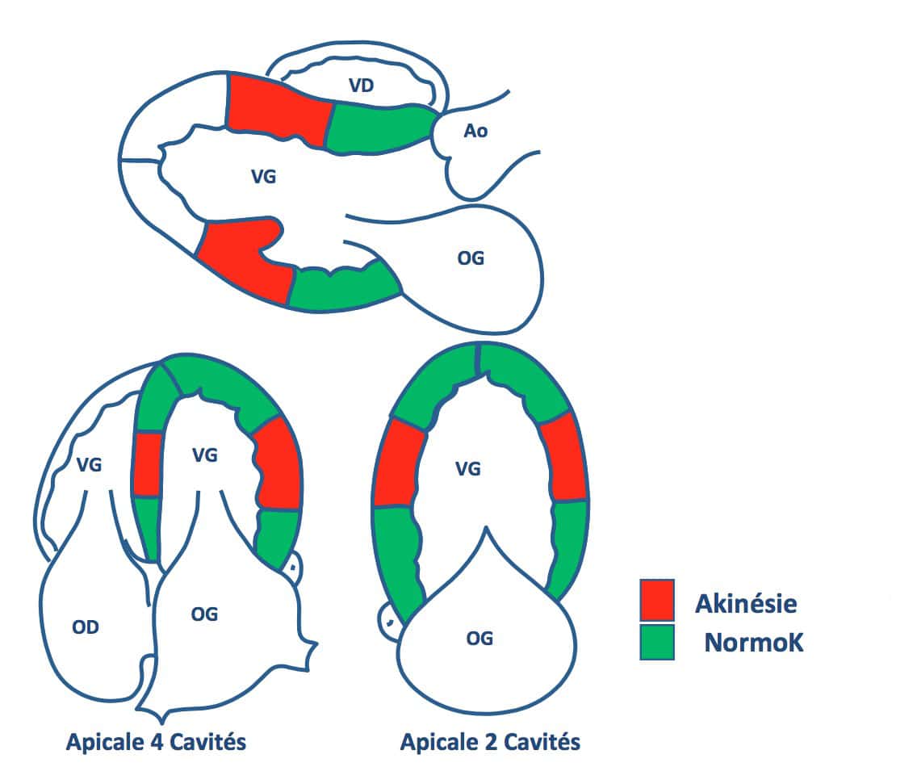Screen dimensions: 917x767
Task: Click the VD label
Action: [x=361, y=86]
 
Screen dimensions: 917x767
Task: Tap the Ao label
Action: [x=475, y=131]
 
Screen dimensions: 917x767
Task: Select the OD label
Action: [x=86, y=627]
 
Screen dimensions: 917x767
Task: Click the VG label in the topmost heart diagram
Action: [x=263, y=176]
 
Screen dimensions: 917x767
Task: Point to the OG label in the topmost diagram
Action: [x=471, y=258]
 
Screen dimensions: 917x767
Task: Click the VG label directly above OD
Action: [x=89, y=464]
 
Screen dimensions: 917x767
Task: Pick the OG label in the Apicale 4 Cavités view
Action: [x=204, y=614]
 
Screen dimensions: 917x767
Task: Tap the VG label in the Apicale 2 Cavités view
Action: [x=468, y=468]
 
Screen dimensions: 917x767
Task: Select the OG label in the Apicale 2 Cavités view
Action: [x=479, y=639]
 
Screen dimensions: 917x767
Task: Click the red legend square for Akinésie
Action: [x=657, y=600]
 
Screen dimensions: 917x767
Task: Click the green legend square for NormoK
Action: [x=657, y=642]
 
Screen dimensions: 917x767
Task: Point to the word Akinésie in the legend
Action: [x=746, y=603]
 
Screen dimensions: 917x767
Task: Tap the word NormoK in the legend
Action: [x=754, y=643]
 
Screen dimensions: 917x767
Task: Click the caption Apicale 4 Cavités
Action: [x=156, y=742]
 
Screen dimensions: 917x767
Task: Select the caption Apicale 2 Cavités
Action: [x=490, y=742]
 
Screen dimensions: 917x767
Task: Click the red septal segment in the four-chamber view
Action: [x=148, y=464]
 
